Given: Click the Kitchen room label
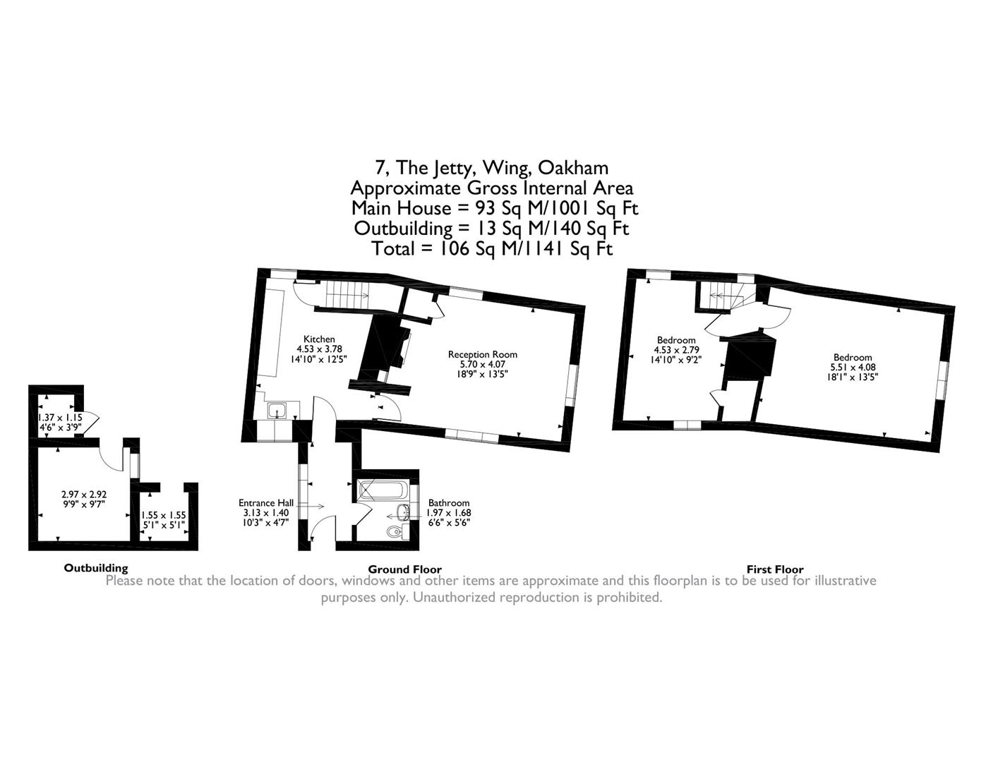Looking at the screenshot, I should tap(319, 339).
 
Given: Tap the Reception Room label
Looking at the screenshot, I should tap(483, 355).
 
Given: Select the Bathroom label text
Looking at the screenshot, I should tap(448, 503).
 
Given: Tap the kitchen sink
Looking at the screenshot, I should tap(277, 409).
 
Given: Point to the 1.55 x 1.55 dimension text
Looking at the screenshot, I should tap(163, 516).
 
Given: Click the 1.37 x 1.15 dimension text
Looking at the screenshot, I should tap(59, 418).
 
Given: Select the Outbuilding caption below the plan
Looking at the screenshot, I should tap(96, 568).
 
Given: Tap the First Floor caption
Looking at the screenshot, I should tap(775, 569).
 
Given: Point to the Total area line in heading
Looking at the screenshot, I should tap(492, 249).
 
